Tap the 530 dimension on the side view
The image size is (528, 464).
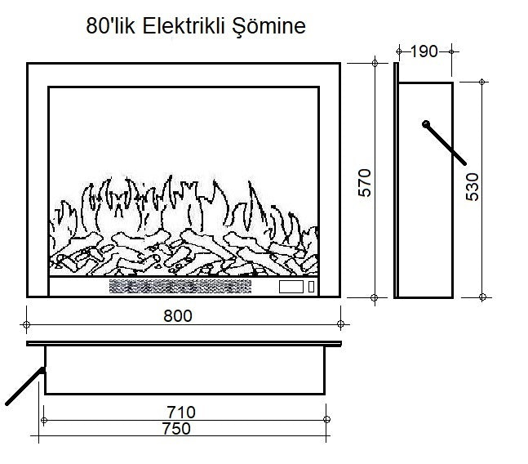473,187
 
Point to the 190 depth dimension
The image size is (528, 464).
424,52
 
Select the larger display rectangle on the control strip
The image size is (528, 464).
291,287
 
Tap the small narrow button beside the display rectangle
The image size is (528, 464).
311,287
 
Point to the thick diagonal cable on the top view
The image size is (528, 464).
23,386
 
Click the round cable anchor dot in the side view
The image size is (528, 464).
425,123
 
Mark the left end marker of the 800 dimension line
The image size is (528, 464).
27,324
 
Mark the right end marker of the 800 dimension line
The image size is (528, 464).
343,324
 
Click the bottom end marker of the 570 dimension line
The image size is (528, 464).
375,297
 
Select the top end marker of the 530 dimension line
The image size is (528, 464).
483,82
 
